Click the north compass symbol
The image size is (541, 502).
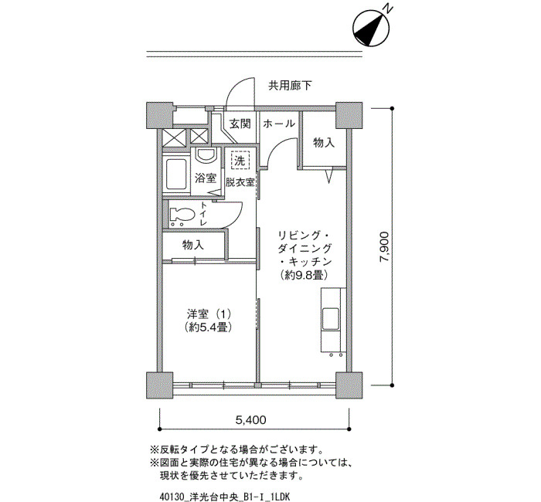click(371, 29)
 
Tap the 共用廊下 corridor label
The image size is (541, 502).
click(290, 86)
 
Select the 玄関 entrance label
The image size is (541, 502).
click(240, 124)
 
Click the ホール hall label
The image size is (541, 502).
click(279, 124)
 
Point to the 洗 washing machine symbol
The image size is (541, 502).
click(240, 161)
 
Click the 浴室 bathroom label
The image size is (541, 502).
click(206, 178)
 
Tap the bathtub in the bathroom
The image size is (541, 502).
click(176, 175)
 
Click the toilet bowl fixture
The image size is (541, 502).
click(182, 215)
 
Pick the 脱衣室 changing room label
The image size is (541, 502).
click(240, 182)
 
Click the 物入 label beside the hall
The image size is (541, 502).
click(324, 142)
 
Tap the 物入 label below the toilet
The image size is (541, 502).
click(193, 245)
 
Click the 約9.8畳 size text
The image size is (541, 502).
click(304, 275)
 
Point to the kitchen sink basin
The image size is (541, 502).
click(330, 318)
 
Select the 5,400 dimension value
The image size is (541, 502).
click(251, 420)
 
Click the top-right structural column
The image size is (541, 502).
click(349, 115)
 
